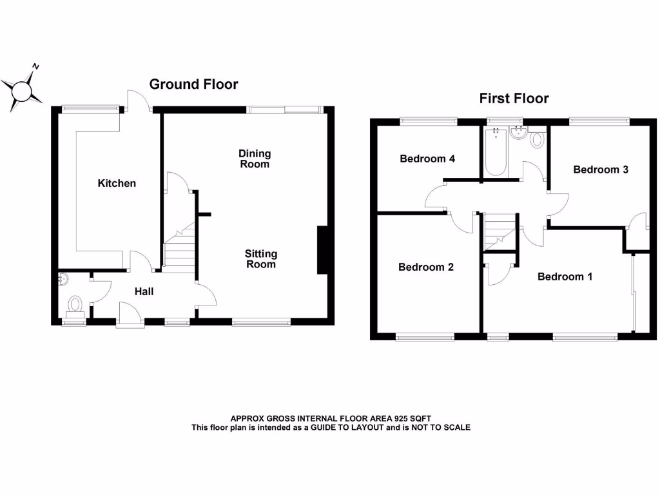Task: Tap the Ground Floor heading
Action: point(193,84)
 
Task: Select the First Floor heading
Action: point(514,99)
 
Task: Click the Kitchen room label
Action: point(117,184)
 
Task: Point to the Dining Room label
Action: point(255,159)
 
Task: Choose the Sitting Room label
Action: point(261,259)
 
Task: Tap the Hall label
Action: point(144,292)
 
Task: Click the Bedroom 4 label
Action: point(427,159)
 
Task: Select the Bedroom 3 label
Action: point(601,170)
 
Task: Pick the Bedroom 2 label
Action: point(426,267)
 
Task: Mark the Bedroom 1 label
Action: point(565,277)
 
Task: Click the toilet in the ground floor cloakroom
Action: point(75,303)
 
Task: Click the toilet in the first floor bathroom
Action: point(538,140)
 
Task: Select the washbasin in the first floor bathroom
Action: point(518,133)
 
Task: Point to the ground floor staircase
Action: point(179,248)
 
